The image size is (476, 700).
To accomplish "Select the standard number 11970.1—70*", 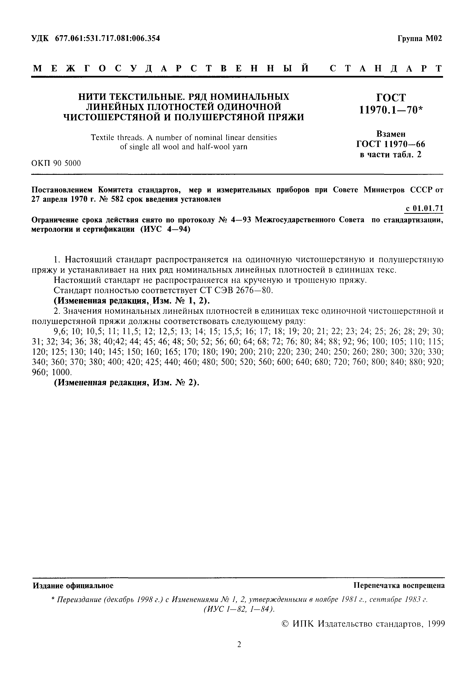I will point(391,110).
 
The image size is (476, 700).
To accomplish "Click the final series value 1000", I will point(62,372).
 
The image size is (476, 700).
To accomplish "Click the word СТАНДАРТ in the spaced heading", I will point(386,68).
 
